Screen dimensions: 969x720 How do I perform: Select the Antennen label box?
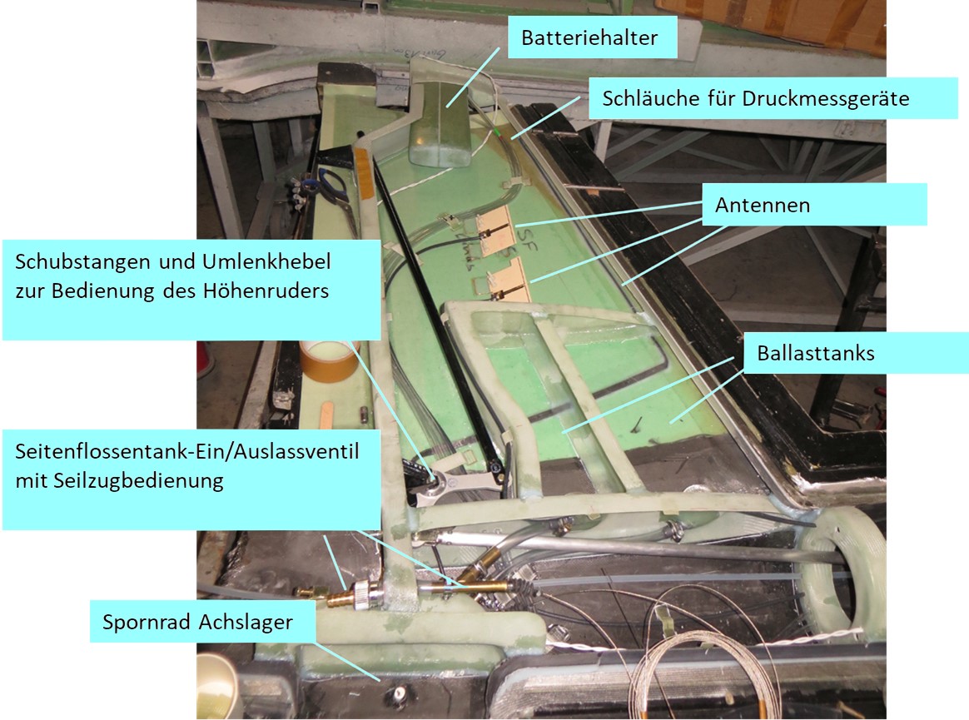pos(814,205)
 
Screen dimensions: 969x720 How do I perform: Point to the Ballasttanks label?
pos(855,353)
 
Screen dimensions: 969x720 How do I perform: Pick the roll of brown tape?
pos(329,360)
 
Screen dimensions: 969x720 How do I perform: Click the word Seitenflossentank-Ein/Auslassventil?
pos(186,451)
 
